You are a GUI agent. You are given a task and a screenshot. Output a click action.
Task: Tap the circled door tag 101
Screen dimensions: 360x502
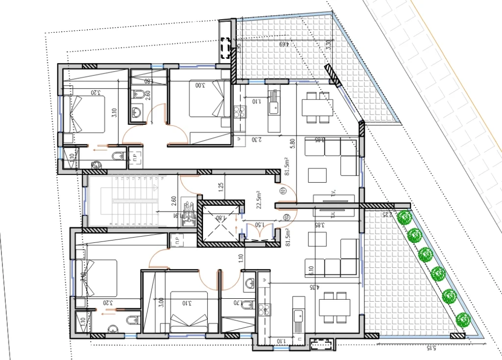point(284,192)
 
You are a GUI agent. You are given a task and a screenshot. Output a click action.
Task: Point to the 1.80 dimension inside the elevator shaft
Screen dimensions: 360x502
point(221,218)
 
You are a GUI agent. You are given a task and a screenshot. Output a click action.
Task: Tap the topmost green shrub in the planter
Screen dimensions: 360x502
point(404,217)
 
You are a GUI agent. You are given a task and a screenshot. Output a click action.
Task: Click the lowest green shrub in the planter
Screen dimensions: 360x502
point(462,320)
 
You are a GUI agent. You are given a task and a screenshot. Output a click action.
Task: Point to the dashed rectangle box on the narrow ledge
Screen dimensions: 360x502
point(226,48)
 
